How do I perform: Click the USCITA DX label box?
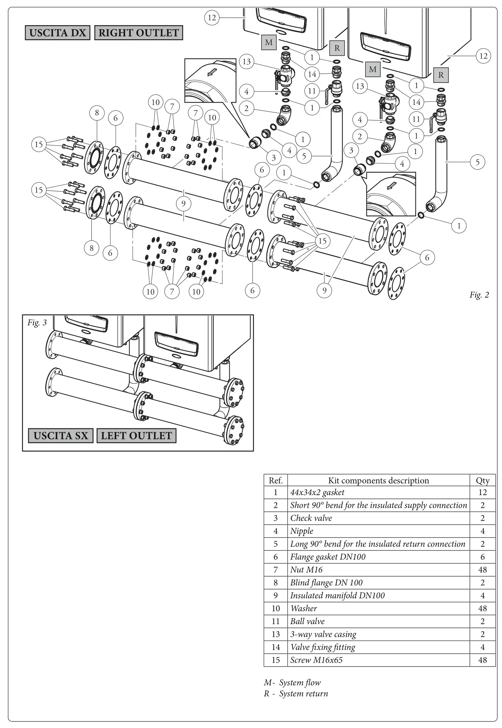(x=57, y=33)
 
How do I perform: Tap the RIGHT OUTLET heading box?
(x=138, y=33)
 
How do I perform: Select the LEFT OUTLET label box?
(x=136, y=436)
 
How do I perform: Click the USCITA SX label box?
(x=60, y=436)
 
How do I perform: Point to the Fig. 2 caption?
(x=479, y=295)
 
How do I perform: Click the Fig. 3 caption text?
(x=37, y=322)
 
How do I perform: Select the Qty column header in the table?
(x=482, y=481)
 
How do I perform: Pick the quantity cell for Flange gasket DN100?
(x=482, y=557)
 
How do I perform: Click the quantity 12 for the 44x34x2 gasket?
(x=482, y=492)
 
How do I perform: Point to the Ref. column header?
(x=276, y=481)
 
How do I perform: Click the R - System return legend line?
(x=296, y=694)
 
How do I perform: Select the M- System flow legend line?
(x=292, y=683)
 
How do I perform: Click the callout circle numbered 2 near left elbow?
(x=246, y=108)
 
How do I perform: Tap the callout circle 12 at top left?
(x=212, y=17)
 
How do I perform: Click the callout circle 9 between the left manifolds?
(x=183, y=203)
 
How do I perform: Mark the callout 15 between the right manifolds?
(x=322, y=241)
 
